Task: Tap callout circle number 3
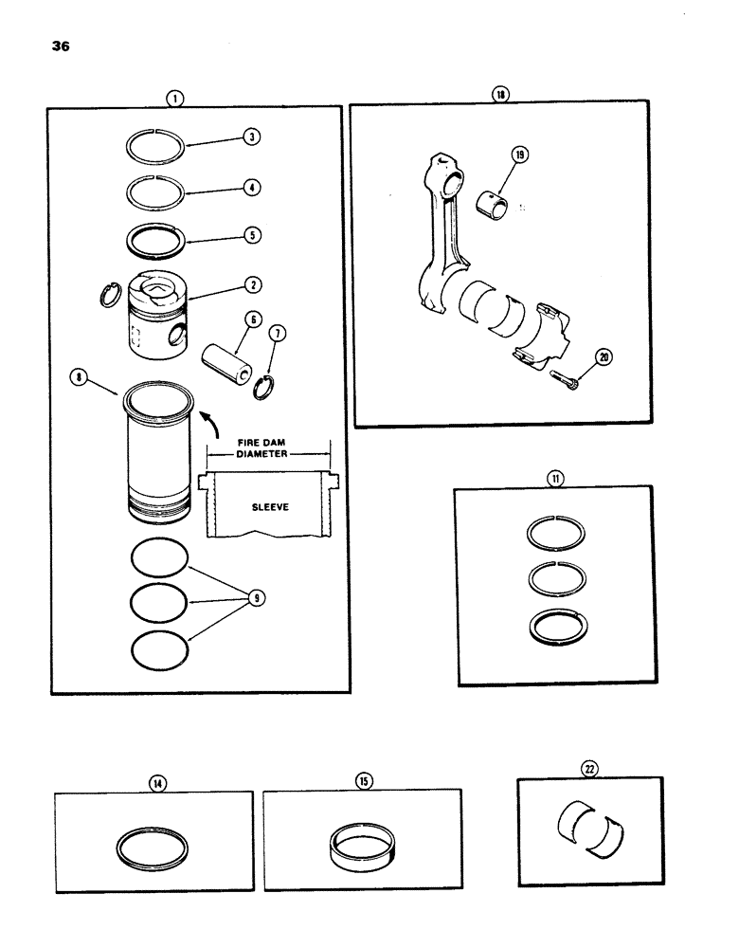pos(251,137)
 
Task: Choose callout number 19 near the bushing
pos(518,154)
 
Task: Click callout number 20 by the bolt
pos(603,358)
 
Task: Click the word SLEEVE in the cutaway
pos(270,507)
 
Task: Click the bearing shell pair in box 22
pos(589,829)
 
